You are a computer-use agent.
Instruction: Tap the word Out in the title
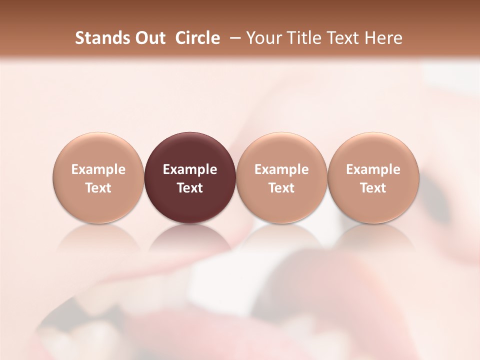tap(148, 38)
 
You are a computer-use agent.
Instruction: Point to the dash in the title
tap(233, 38)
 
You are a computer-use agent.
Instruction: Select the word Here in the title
tap(384, 38)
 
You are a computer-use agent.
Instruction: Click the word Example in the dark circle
tap(190, 169)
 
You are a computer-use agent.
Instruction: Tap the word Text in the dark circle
tap(190, 188)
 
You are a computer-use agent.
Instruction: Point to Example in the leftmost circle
tap(98, 169)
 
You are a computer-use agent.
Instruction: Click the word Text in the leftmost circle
tap(98, 188)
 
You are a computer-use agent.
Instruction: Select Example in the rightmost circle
tap(373, 169)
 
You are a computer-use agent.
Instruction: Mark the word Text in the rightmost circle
tap(373, 188)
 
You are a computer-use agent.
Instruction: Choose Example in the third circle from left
tap(281, 169)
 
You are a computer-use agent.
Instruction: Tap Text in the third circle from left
tap(281, 188)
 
